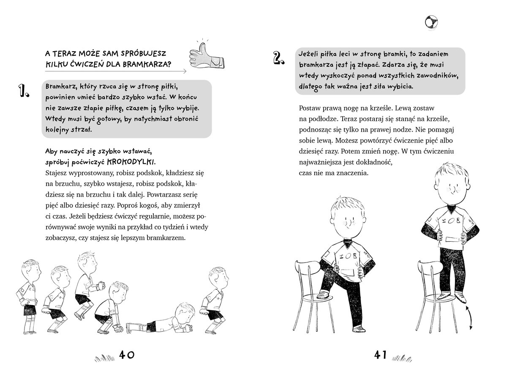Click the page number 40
[126, 355]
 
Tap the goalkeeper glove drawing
[207, 55]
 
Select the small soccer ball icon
[431, 22]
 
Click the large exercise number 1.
[23, 91]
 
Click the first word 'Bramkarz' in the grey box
[59, 86]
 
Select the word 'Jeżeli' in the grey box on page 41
[310, 55]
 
